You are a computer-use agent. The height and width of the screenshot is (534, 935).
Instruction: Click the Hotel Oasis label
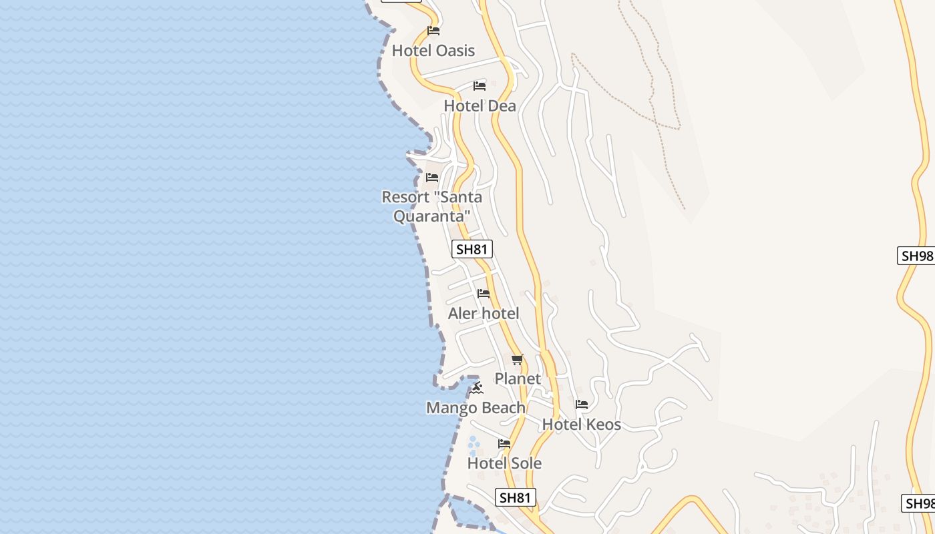click(x=433, y=51)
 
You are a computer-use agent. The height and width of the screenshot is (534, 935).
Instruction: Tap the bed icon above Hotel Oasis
click(x=433, y=30)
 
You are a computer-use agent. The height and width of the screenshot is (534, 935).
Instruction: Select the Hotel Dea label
click(x=480, y=106)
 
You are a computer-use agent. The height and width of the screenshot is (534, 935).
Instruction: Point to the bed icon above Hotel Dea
click(x=480, y=85)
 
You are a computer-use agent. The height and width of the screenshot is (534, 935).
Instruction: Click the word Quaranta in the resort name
click(x=431, y=216)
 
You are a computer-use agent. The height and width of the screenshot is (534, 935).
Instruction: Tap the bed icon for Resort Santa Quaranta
click(x=432, y=178)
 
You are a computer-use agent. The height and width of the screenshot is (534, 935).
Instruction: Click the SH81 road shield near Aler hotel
click(x=472, y=250)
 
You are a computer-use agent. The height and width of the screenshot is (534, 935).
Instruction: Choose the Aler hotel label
click(x=484, y=314)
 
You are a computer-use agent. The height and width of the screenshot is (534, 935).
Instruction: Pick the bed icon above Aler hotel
click(x=484, y=294)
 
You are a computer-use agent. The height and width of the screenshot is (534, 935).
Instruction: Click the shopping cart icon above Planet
click(x=518, y=360)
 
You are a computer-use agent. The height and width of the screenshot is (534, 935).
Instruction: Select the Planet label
click(x=518, y=379)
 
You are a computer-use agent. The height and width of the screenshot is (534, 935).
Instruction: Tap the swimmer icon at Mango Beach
click(x=476, y=388)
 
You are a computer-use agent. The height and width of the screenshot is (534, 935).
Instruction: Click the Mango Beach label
click(x=476, y=408)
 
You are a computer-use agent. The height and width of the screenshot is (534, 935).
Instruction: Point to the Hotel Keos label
click(x=581, y=425)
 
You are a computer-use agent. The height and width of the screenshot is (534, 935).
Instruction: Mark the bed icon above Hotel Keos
click(x=582, y=405)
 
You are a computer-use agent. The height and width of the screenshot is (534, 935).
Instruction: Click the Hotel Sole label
click(x=504, y=463)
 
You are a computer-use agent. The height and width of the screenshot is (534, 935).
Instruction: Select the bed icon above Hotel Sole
click(x=504, y=443)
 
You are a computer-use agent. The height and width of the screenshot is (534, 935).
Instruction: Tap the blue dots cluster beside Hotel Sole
click(x=474, y=446)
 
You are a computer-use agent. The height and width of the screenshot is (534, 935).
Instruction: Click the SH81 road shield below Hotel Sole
click(x=516, y=497)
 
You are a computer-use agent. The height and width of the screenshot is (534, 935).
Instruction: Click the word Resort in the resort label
click(x=405, y=198)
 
